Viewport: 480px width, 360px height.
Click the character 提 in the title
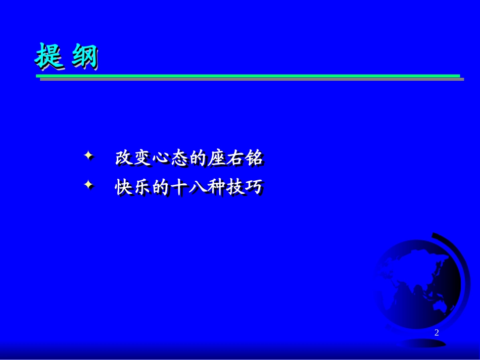pos(50,57)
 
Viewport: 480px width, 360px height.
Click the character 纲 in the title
pos(83,57)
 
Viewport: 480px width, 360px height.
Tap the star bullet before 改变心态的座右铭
pos(89,157)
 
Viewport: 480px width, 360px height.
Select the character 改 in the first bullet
pos(124,159)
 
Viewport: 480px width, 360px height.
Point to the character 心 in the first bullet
pos(162,159)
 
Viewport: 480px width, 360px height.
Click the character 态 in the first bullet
pos(180,159)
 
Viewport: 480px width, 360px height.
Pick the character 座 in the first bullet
pos(217,159)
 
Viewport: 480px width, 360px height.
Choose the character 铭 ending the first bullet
pos(255,159)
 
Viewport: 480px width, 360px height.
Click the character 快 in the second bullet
pos(124,188)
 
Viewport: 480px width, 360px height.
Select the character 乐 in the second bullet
pos(142,188)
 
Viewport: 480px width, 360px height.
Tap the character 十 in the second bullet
pos(180,188)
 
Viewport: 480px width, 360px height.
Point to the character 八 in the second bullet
pos(199,188)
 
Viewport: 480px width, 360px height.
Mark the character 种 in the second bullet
pos(217,188)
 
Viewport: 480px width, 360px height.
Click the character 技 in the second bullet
pos(236,188)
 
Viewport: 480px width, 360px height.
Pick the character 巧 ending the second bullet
pos(255,188)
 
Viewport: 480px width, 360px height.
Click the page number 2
pos(437,332)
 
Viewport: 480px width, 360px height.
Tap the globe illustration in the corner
pos(419,288)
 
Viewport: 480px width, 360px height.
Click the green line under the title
pos(248,76)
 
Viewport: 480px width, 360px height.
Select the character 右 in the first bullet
pos(236,159)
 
